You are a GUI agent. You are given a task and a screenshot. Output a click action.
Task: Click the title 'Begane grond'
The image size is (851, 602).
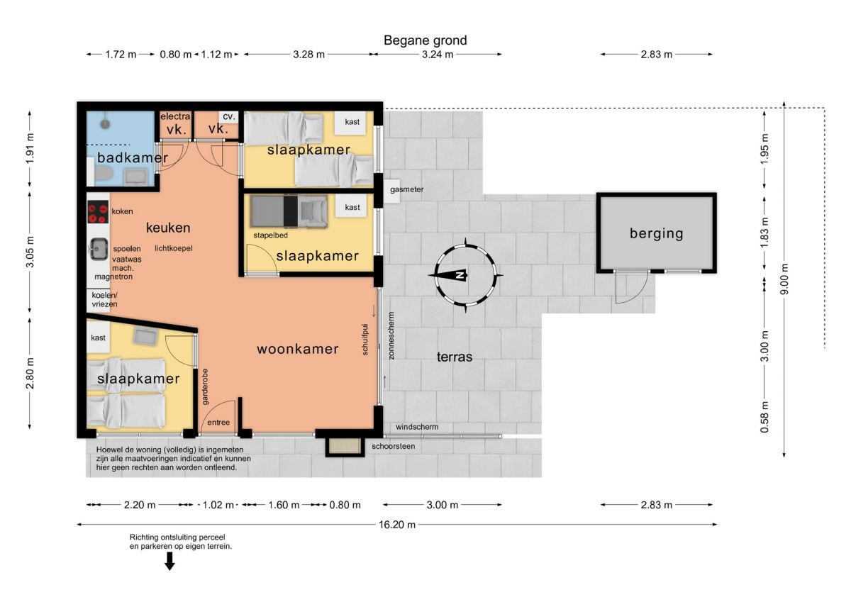point(425,40)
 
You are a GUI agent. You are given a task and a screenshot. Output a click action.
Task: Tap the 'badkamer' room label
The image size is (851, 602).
point(133,157)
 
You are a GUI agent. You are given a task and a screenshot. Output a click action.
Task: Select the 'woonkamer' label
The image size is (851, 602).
point(297,349)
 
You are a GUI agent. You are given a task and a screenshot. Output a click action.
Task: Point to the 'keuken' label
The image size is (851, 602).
point(168,228)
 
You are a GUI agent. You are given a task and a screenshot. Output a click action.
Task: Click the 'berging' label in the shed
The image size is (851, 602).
point(656,233)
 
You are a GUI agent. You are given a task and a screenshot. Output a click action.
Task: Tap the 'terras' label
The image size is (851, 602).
point(455,357)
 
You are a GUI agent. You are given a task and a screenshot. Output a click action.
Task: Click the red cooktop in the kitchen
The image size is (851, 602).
point(98,212)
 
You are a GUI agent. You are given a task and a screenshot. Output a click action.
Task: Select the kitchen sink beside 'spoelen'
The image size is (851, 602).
point(99,249)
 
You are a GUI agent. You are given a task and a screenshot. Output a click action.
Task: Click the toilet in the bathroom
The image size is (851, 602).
point(104,174)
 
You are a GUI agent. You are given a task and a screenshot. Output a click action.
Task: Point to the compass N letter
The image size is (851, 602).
point(461,275)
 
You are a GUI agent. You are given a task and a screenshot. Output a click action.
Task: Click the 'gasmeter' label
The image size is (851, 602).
point(406,189)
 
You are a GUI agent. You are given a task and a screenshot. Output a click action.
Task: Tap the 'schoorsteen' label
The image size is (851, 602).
point(393,446)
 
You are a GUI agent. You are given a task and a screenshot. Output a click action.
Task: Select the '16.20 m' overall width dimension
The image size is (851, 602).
point(397,525)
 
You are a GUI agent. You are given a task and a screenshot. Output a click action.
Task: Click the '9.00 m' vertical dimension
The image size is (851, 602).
point(784,279)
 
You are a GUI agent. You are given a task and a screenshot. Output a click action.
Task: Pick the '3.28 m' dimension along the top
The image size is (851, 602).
point(308,55)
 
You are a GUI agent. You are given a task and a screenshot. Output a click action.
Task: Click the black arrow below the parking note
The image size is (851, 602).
point(169,561)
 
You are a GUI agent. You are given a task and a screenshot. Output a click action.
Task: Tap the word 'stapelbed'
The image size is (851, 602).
point(270,235)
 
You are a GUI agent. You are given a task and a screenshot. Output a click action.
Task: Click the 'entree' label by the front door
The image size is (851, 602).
point(218,423)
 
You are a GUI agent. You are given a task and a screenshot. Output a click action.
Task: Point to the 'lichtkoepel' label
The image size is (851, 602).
point(174,248)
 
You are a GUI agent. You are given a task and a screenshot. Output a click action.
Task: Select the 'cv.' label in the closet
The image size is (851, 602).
point(228,117)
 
